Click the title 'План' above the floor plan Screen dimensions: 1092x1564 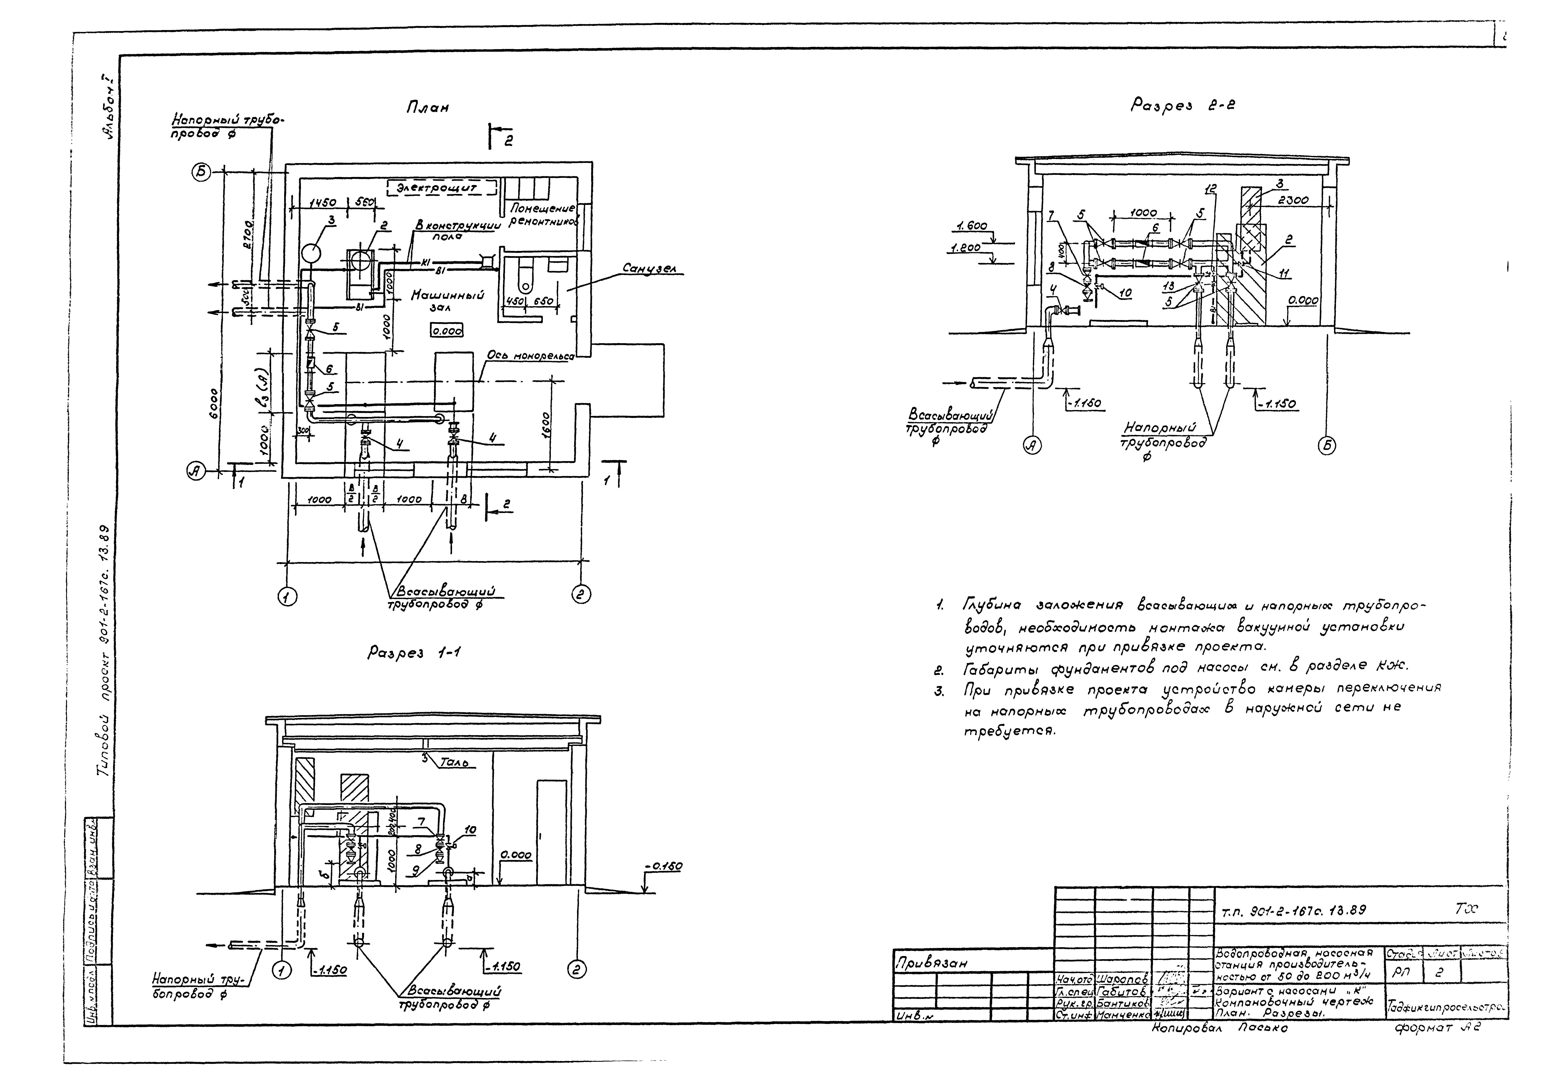pyautogui.click(x=427, y=108)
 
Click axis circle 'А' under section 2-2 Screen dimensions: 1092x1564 pyautogui.click(x=1033, y=446)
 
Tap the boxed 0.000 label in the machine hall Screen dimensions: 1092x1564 pyautogui.click(x=447, y=331)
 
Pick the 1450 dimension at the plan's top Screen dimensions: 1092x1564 pyautogui.click(x=323, y=203)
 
